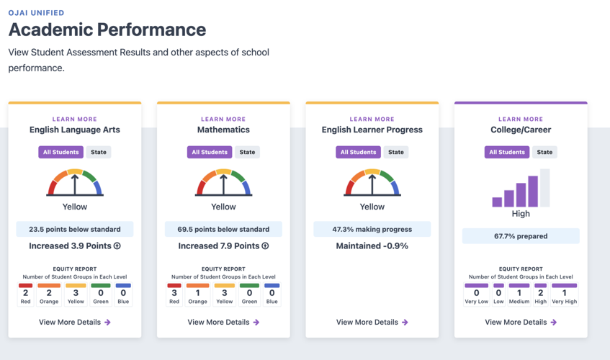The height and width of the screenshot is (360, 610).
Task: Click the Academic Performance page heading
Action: point(107,30)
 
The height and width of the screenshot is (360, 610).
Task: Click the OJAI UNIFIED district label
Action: point(36,12)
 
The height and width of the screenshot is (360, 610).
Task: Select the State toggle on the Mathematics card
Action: point(247,152)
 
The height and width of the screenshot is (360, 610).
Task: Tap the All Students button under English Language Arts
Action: point(60,152)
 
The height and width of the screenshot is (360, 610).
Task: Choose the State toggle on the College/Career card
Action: point(544,152)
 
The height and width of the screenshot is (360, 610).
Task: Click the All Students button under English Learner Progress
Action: point(358,152)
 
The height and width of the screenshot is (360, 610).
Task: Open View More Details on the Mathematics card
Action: point(223,322)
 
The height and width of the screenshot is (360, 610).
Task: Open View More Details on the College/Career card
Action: point(521,322)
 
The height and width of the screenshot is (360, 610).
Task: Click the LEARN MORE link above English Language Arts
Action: point(74,120)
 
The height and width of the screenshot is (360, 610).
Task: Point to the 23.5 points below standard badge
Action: point(75,229)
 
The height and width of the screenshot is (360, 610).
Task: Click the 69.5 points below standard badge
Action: point(223,229)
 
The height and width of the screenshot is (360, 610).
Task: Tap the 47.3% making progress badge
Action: point(372,229)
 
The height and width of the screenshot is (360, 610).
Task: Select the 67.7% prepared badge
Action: point(521,236)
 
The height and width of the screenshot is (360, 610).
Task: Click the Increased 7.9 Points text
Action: point(223,246)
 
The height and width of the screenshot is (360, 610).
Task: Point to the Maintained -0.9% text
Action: point(372,246)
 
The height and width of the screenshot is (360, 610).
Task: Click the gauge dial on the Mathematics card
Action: point(223,183)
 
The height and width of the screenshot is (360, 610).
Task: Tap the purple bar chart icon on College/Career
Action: point(521,189)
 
